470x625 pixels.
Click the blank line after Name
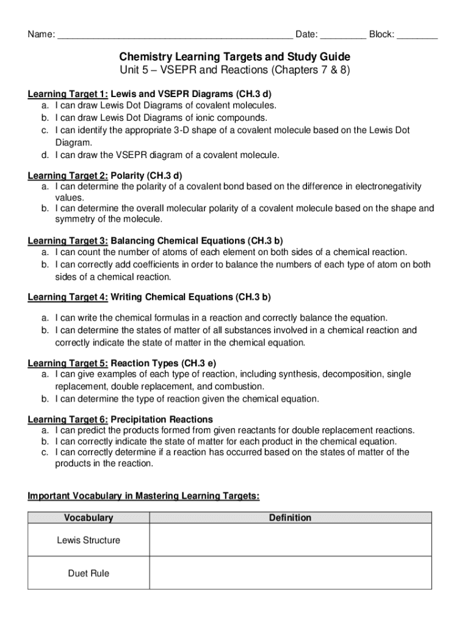pyautogui.click(x=175, y=35)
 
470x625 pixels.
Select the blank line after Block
pyautogui.click(x=417, y=35)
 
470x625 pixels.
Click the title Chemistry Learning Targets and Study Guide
pyautogui.click(x=234, y=57)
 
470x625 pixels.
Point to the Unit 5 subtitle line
pyautogui.click(x=234, y=70)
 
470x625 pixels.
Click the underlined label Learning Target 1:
pyautogui.click(x=68, y=95)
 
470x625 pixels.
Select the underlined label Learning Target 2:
pyautogui.click(x=68, y=176)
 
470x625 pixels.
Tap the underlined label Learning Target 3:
pyautogui.click(x=68, y=240)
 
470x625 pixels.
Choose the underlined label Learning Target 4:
pyautogui.click(x=68, y=297)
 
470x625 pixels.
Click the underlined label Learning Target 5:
pyautogui.click(x=68, y=363)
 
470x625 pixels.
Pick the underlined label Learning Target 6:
pyautogui.click(x=68, y=419)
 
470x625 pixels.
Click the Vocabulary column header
pyautogui.click(x=89, y=518)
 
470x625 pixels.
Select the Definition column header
pyautogui.click(x=290, y=518)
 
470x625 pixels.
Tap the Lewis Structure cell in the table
pyautogui.click(x=89, y=540)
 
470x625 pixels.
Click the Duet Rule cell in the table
pyautogui.click(x=89, y=573)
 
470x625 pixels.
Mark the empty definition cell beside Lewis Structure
pyautogui.click(x=291, y=540)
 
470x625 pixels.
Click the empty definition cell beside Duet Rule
pyautogui.click(x=291, y=573)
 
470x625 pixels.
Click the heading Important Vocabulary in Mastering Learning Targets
pyautogui.click(x=143, y=497)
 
